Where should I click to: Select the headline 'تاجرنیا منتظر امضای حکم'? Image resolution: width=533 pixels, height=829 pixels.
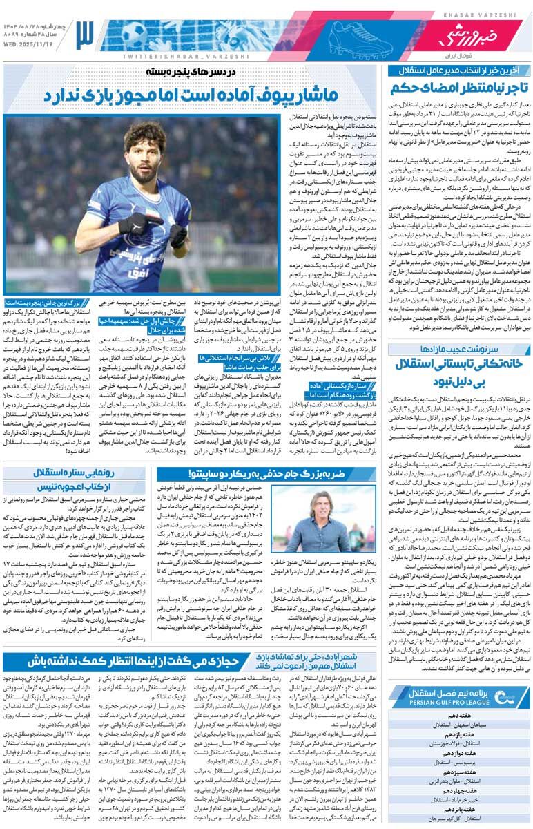click(x=460, y=88)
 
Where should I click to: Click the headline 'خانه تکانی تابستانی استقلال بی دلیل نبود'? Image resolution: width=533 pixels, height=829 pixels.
click(x=460, y=371)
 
